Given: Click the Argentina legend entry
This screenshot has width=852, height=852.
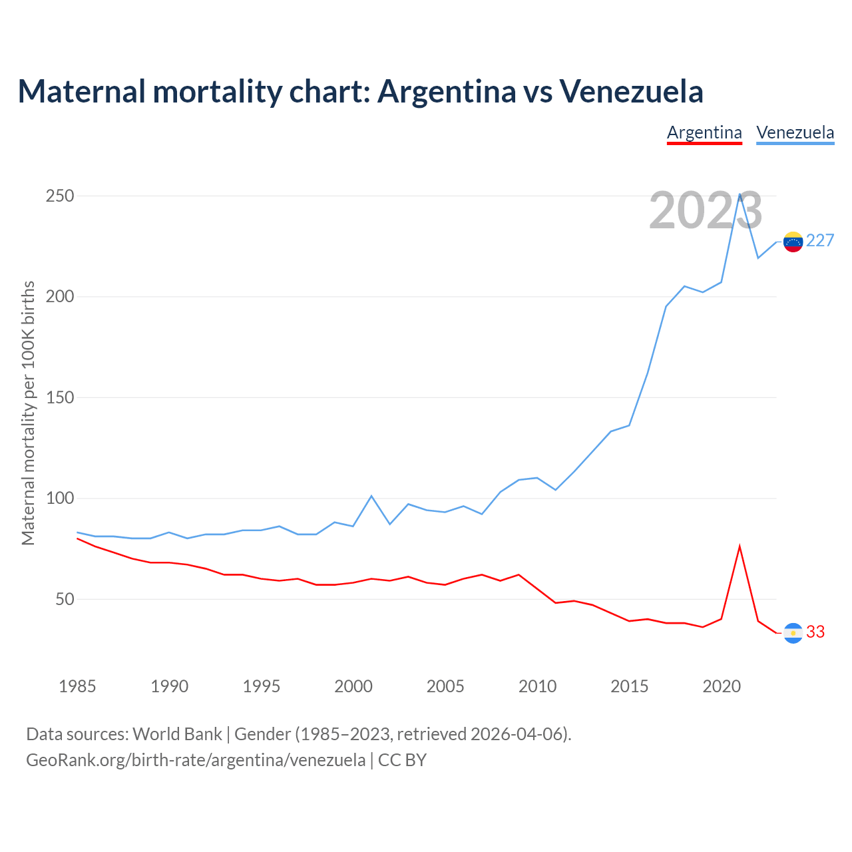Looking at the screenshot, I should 704,132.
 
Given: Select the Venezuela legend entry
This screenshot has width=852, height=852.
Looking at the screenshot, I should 795,132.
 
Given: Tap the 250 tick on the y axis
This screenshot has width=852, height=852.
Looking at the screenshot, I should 60,196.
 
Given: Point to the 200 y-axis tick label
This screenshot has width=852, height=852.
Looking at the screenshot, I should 60,297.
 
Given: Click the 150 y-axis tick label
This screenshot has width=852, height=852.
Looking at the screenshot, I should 60,397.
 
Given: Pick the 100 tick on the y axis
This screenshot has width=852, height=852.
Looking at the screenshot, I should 60,499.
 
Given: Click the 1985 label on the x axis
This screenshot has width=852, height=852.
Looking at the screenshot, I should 77,686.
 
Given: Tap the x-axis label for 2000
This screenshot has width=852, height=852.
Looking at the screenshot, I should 353,686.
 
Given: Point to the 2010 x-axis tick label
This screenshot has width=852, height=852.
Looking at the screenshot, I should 537,686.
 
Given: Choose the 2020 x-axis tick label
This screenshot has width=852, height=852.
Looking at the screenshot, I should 722,686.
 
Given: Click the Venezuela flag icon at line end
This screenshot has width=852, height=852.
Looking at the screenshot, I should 793,242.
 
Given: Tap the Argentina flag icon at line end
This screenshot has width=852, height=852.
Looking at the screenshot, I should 793,633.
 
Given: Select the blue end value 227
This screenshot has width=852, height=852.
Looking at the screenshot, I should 820,241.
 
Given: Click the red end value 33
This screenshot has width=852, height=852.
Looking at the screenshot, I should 815,632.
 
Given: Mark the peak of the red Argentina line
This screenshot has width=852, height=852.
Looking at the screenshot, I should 740,546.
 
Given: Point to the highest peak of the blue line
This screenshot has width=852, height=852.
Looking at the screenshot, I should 740,194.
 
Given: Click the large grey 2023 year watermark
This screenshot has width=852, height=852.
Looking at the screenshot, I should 706,211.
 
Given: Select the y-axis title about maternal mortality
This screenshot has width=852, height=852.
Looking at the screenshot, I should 28,413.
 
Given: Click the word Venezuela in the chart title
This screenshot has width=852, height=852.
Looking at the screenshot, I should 631,91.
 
